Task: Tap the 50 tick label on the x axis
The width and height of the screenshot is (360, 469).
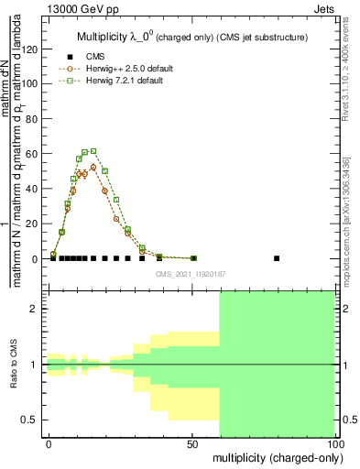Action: coord(192,443)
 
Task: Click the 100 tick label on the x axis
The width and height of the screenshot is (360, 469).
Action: coord(333,443)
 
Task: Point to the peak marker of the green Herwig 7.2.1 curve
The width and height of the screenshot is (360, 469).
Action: coord(93,151)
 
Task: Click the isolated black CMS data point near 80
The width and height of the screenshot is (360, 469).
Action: coord(277,258)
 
